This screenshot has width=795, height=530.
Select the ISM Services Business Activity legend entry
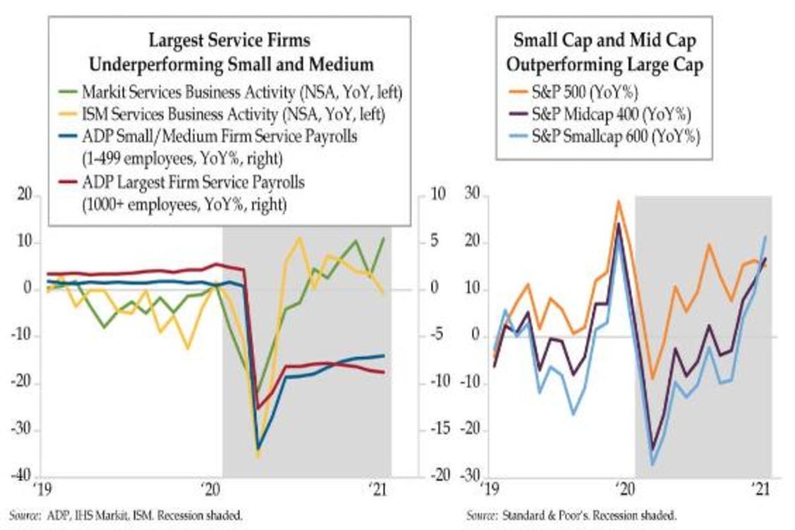(x=232, y=113)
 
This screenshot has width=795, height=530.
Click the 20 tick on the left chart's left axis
(x=25, y=195)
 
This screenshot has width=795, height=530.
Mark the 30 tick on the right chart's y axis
(x=472, y=195)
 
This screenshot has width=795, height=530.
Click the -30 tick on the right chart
(x=469, y=476)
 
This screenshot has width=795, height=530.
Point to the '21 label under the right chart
(x=761, y=491)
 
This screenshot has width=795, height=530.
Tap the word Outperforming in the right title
(x=566, y=64)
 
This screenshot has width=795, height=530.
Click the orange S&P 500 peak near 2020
(x=619, y=201)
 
